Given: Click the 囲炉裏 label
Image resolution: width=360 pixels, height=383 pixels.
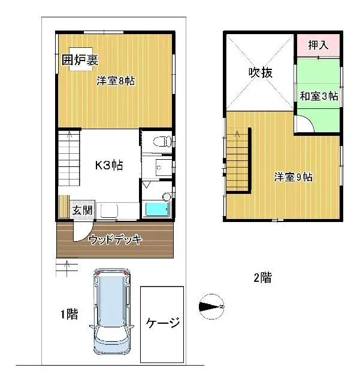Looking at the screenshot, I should pyautogui.click(x=80, y=60).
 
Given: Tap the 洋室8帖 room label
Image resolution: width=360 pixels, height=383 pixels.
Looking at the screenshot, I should pyautogui.click(x=116, y=81).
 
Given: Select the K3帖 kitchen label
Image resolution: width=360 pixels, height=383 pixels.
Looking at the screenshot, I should pyautogui.click(x=110, y=165).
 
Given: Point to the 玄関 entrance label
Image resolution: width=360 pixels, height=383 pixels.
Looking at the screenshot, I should pyautogui.click(x=82, y=210).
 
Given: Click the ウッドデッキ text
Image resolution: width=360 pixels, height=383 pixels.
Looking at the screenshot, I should pyautogui.click(x=115, y=241).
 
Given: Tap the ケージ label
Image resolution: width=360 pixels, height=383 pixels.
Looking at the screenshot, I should pyautogui.click(x=162, y=324).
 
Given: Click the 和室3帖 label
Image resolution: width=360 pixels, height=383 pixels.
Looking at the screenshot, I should pyautogui.click(x=319, y=96).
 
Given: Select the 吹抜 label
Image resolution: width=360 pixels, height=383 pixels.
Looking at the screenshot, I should pyautogui.click(x=261, y=73).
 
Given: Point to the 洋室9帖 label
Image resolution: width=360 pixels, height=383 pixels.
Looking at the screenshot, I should pyautogui.click(x=294, y=177).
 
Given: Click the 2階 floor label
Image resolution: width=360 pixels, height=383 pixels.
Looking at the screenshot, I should pyautogui.click(x=262, y=277).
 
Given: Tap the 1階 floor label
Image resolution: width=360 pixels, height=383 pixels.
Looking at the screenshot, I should pyautogui.click(x=68, y=314).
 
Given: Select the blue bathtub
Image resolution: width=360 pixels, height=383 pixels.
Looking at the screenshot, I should pyautogui.click(x=157, y=209).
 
